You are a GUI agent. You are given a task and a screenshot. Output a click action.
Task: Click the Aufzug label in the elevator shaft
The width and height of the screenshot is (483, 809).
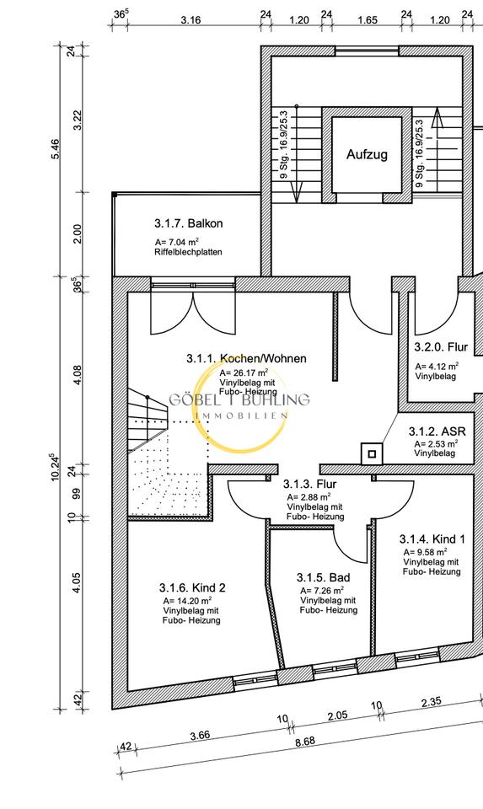tap(367, 154)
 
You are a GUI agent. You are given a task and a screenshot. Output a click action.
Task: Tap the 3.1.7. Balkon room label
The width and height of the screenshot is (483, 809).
tap(188, 223)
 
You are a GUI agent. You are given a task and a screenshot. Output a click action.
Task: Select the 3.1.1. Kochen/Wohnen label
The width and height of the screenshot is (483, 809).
tap(246, 358)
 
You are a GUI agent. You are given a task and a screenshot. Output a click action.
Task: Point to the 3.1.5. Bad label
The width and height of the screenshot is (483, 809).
tap(323, 577)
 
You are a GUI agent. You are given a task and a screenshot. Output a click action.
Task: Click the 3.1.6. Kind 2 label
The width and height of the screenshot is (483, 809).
tap(192, 587)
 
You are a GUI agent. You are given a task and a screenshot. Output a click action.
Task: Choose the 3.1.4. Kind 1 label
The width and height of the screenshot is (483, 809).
tap(432, 539)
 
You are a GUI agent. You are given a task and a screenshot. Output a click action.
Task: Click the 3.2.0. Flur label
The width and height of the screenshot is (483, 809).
tap(441, 346)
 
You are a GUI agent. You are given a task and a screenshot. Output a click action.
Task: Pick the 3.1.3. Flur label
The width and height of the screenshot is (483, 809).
tap(309, 484)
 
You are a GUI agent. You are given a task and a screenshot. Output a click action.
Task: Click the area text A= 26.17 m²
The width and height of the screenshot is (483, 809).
tap(244, 373)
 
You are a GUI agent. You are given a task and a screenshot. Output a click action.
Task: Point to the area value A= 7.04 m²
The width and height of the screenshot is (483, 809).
tap(176, 242)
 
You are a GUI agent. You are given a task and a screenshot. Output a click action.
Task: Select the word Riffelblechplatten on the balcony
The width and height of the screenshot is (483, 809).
tap(188, 252)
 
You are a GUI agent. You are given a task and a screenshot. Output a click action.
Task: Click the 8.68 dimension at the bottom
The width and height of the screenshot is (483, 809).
tap(305, 742)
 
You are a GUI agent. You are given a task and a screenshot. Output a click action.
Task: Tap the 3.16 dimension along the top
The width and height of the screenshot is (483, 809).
tap(191, 20)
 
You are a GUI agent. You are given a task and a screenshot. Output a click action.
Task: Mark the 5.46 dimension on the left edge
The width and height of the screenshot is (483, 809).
tap(56, 149)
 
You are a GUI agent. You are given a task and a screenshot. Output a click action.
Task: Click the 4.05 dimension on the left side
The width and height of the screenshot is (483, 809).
tap(77, 583)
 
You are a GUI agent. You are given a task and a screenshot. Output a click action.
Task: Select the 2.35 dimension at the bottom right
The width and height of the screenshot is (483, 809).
tap(431, 702)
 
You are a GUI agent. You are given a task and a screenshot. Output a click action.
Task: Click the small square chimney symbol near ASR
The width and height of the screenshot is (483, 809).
tap(372, 454)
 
